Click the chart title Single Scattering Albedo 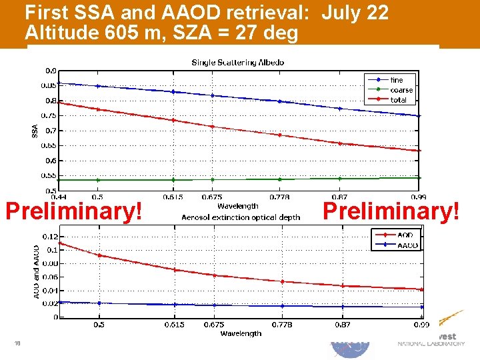coord(237,63)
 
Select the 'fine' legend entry coord(397,80)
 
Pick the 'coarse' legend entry coord(401,90)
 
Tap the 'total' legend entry coord(399,100)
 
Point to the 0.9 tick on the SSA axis coord(51,71)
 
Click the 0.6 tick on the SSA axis coord(51,161)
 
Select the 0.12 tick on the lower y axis coord(49,237)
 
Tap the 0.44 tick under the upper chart coord(59,197)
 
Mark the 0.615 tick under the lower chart coord(175,325)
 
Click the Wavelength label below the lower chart coord(241,333)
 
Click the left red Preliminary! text coord(73,212)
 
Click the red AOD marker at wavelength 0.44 coord(60,243)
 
